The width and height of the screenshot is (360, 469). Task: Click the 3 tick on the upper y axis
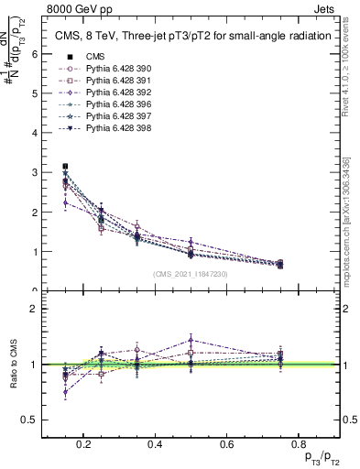click(34, 172)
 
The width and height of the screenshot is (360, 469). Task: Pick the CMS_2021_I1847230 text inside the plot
click(190, 273)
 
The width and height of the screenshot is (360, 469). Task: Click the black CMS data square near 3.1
click(65, 167)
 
